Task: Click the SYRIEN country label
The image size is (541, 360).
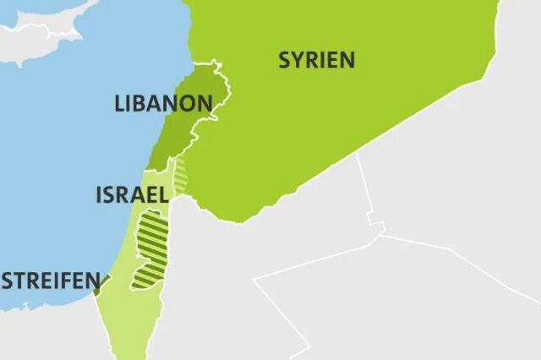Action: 316,60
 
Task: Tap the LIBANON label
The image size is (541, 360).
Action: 162,104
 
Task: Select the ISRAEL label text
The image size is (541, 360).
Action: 132,195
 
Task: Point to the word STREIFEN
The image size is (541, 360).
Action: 46,280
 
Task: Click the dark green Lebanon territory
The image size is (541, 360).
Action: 183,127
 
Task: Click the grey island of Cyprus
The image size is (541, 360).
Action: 42,34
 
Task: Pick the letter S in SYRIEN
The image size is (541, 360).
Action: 286,60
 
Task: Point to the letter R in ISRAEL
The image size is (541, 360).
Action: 124,195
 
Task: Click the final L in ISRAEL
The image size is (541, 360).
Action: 162,195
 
